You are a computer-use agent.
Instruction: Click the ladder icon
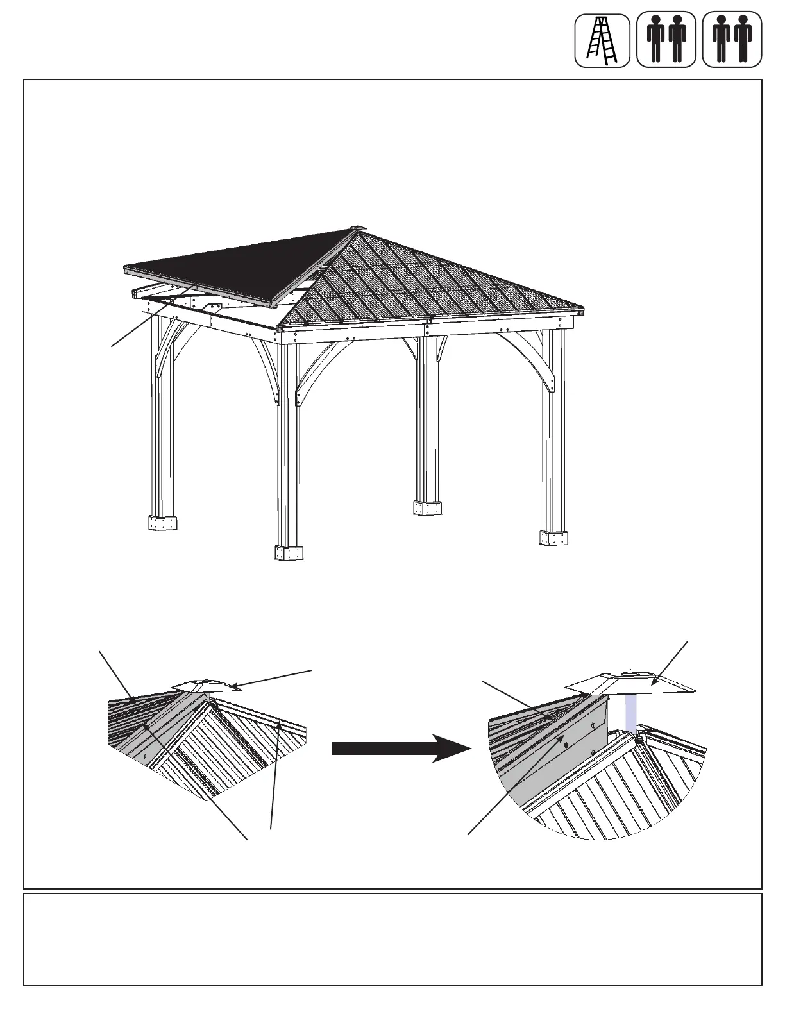[x=602, y=40]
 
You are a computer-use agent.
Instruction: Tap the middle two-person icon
[x=666, y=40]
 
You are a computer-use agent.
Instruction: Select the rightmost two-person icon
[x=732, y=40]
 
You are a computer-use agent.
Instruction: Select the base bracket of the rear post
[x=427, y=508]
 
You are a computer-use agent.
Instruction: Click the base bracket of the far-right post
[x=553, y=538]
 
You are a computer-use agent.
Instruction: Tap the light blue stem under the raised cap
[x=632, y=715]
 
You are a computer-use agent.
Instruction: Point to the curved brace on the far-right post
[x=542, y=359]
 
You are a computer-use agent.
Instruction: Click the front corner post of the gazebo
[x=288, y=443]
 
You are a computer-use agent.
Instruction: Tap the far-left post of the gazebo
[x=162, y=417]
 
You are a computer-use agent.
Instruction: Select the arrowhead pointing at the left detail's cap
[x=239, y=687]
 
